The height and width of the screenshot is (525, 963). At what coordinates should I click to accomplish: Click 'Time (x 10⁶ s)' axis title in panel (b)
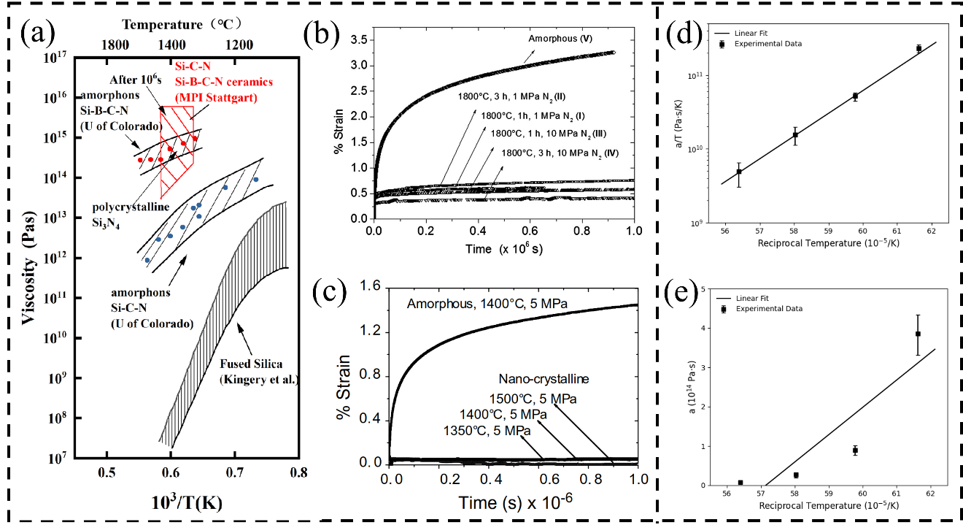click(503, 249)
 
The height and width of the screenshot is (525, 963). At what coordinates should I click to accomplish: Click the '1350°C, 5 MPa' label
click(487, 431)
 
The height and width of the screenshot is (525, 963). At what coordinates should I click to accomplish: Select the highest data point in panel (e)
click(918, 334)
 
